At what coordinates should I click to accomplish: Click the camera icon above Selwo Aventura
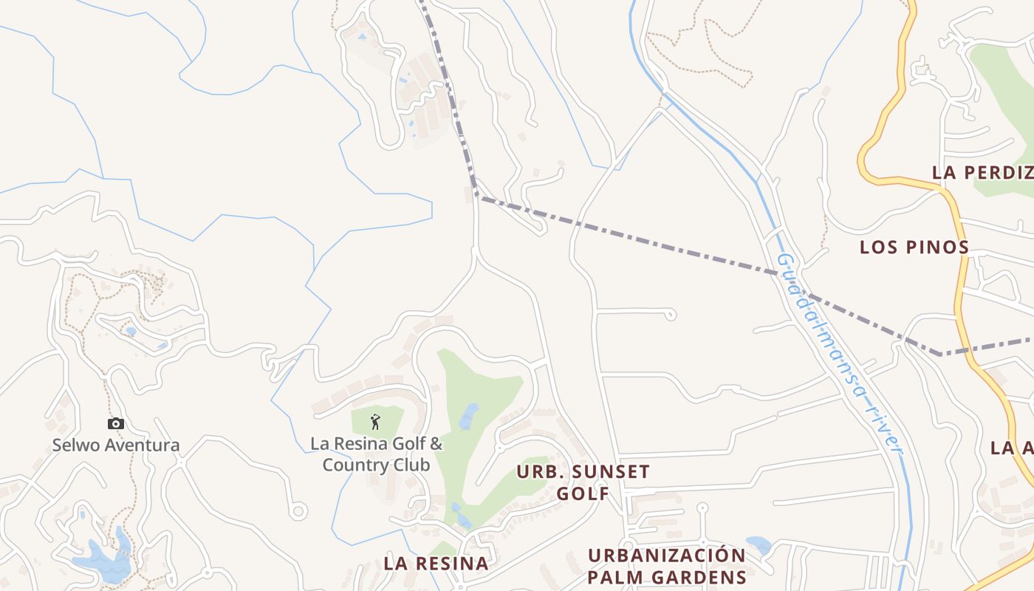pos(116,423)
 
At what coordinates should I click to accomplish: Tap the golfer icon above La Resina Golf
pos(375,422)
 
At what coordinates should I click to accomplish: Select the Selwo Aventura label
pos(116,445)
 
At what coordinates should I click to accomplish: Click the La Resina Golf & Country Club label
pos(377,454)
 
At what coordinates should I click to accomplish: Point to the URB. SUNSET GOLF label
pos(583,482)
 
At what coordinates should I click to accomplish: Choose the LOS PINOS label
pos(914,247)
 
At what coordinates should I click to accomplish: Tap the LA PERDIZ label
pos(982,172)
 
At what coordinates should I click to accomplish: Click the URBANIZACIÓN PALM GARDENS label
pos(667,566)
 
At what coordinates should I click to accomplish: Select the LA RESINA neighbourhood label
pos(436,563)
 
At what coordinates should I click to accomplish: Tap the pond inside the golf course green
pos(468,417)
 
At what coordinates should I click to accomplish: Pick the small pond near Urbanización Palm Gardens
pos(758,545)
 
